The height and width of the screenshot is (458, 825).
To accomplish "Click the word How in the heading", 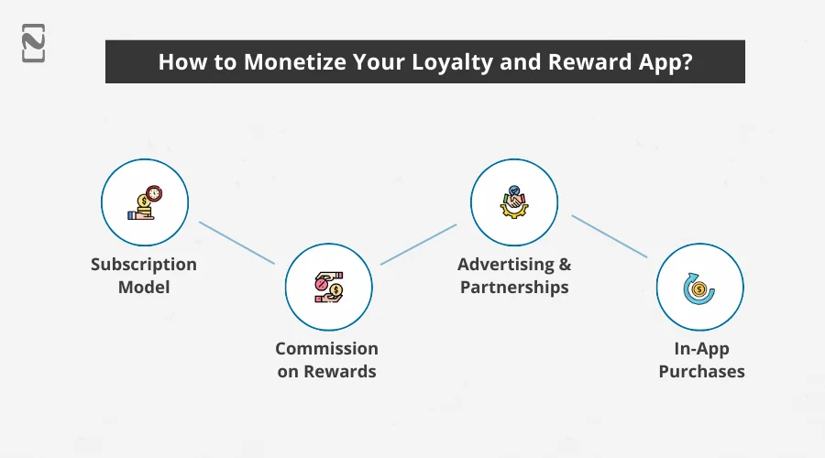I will pyautogui.click(x=179, y=62).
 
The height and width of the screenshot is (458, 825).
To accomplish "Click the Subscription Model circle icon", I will pyautogui.click(x=144, y=202).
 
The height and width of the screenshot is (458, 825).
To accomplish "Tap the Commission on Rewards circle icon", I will pyautogui.click(x=327, y=287).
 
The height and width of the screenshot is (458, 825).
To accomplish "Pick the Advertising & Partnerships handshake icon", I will pyautogui.click(x=513, y=202).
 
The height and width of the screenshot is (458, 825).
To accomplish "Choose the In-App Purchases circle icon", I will pyautogui.click(x=699, y=287).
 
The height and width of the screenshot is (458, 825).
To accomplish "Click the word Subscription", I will pyautogui.click(x=144, y=265).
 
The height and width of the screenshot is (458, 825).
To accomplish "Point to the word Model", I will pyautogui.click(x=144, y=287).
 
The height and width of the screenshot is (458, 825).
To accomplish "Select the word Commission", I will pyautogui.click(x=327, y=349).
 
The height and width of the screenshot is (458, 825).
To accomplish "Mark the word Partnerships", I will pyautogui.click(x=514, y=287).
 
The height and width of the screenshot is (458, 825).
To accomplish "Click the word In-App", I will pyautogui.click(x=701, y=349).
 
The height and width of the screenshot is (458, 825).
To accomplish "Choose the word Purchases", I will pyautogui.click(x=701, y=371).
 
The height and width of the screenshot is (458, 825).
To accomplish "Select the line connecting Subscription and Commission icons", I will pyautogui.click(x=236, y=243).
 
